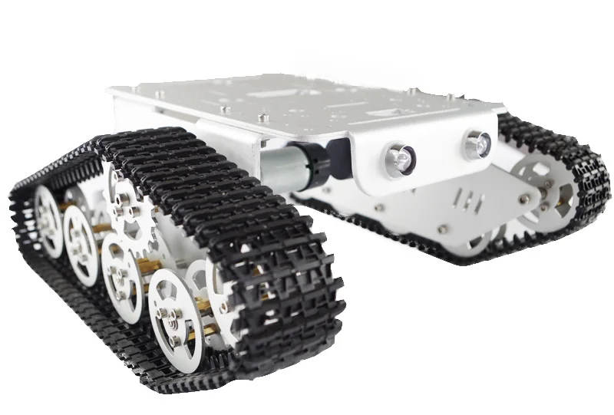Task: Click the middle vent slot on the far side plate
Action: point(470,201)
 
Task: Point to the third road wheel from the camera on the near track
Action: point(81,238)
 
